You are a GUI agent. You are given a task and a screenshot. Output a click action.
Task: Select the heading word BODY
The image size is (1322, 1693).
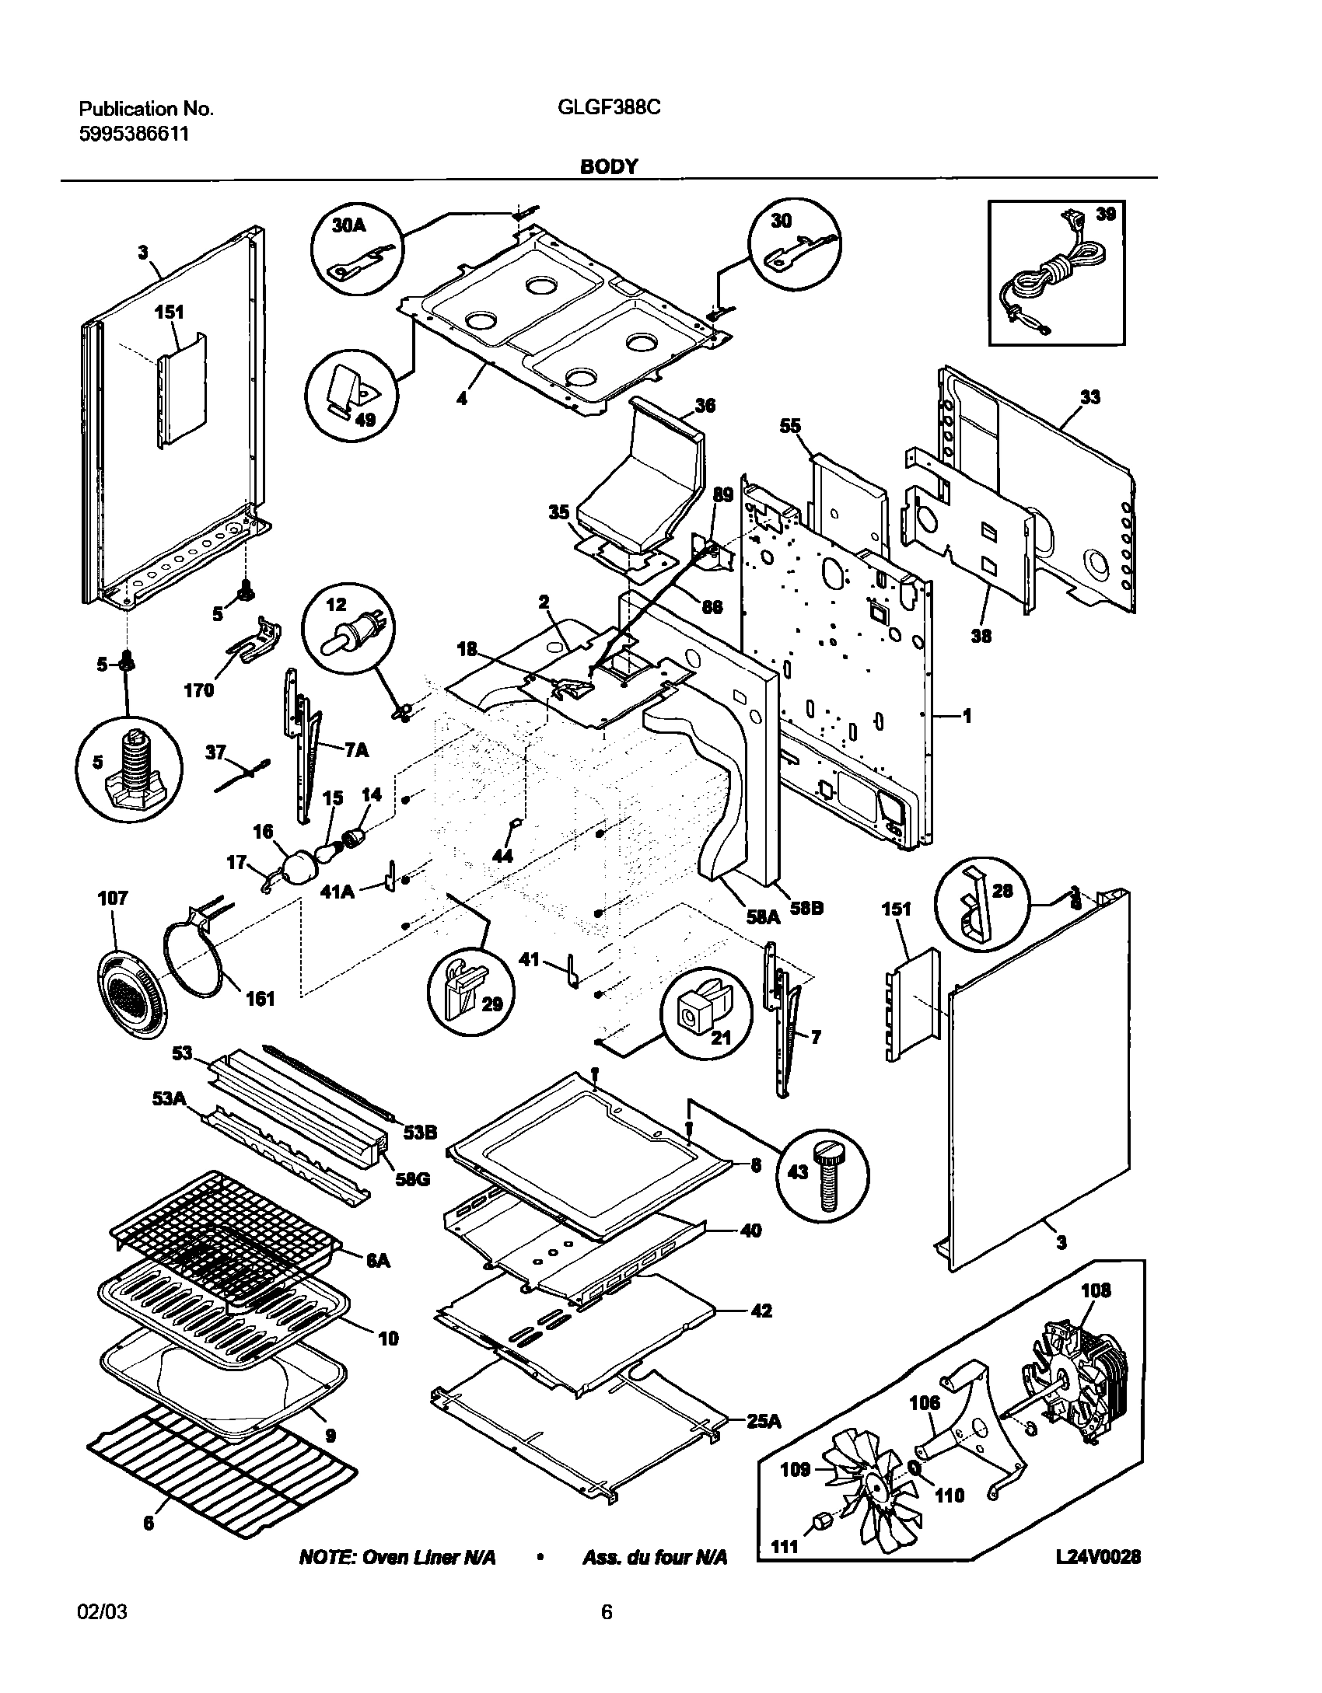pyautogui.click(x=609, y=167)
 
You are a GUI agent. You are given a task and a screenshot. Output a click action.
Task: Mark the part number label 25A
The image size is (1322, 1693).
pyautogui.click(x=763, y=1421)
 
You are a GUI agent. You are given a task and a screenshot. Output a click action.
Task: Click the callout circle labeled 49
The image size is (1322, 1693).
pyautogui.click(x=351, y=400)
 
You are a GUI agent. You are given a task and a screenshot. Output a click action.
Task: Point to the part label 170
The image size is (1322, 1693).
pyautogui.click(x=198, y=689)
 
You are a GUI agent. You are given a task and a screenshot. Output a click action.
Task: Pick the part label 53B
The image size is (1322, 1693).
pyautogui.click(x=420, y=1132)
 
